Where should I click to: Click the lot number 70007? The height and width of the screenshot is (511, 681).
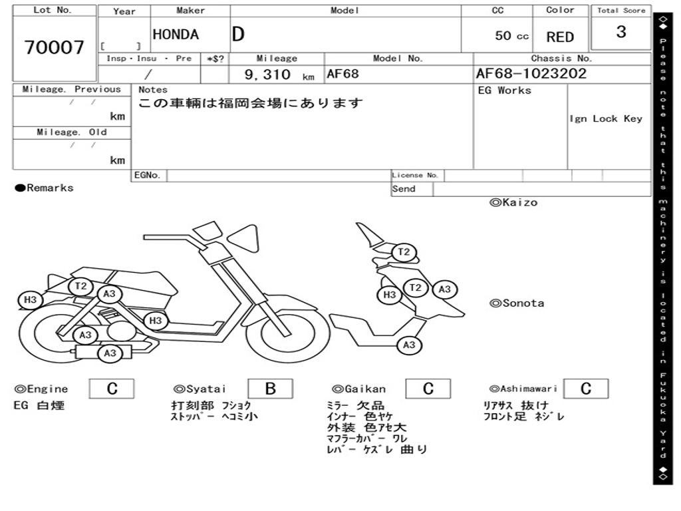click(x=55, y=47)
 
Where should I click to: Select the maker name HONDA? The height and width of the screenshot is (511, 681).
click(x=176, y=35)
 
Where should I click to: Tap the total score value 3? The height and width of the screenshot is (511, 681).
click(x=621, y=32)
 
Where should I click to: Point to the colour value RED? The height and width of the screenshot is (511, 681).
click(x=560, y=37)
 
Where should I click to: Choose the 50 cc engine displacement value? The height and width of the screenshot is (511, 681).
click(x=511, y=36)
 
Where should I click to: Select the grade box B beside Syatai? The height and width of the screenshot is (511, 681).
click(x=270, y=389)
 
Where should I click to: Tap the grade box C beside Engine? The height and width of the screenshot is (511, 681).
click(x=112, y=389)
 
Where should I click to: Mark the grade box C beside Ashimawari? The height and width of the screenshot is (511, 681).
click(x=585, y=389)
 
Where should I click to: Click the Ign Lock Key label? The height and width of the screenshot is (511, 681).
click(x=606, y=119)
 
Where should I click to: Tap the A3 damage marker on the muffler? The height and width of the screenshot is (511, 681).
click(x=110, y=353)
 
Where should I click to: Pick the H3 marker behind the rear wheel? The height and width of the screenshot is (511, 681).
click(x=30, y=300)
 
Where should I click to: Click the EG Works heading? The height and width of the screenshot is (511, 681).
click(x=505, y=90)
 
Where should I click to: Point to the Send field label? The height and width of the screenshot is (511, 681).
click(x=404, y=189)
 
